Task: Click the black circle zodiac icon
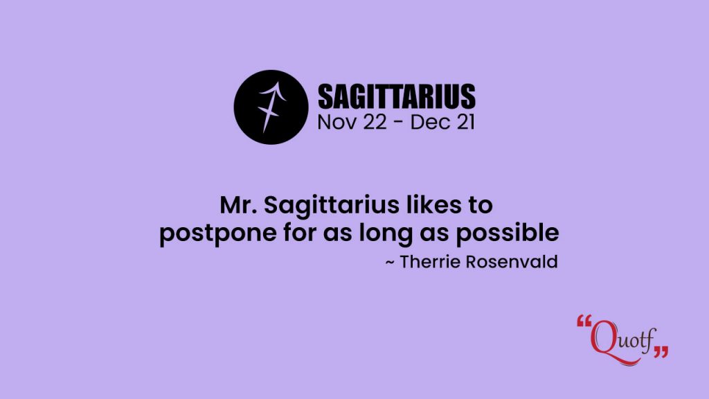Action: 271,107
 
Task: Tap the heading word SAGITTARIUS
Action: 397,96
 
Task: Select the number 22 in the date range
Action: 375,123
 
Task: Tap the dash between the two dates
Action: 398,123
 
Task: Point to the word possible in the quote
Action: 508,233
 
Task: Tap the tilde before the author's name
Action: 390,263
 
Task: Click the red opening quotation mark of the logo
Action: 584,321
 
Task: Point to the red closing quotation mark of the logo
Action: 661,352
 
